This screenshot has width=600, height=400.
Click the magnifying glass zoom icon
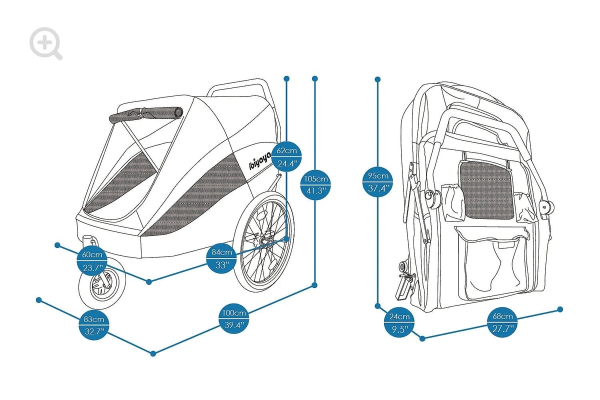click(x=45, y=43)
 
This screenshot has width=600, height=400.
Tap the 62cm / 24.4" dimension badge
click(x=287, y=156)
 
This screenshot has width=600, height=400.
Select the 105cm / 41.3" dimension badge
click(x=315, y=184)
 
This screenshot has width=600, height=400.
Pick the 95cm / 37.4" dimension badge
click(x=378, y=181)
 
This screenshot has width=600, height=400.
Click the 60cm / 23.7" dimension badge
click(x=92, y=260)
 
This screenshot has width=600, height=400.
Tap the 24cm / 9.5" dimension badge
click(x=399, y=322)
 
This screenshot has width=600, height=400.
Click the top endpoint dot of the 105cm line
click(x=315, y=78)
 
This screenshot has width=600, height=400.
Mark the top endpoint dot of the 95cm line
click(x=378, y=79)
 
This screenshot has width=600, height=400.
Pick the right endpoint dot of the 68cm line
click(x=560, y=309)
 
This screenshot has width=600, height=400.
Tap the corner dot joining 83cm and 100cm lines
click(x=153, y=353)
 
